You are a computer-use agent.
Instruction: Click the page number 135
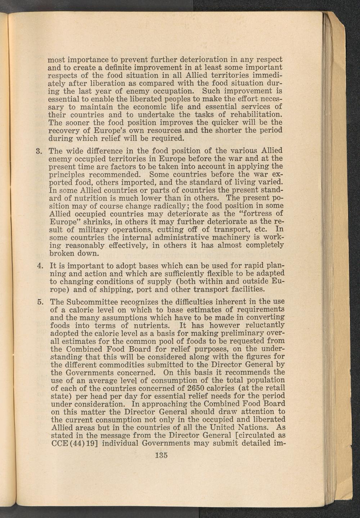(x=161, y=455)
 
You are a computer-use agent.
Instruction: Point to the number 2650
(x=197, y=388)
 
